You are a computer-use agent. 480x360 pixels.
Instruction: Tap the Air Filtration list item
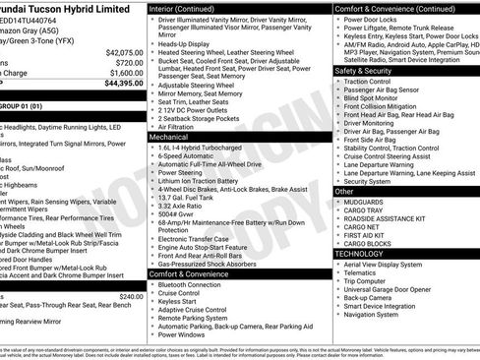[179, 127]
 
